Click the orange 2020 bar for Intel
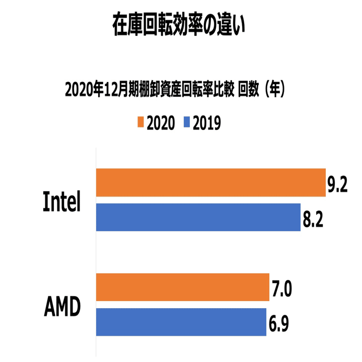(210, 183)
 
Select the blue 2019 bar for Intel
(198, 217)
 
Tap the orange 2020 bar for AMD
(182, 287)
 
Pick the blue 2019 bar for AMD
(181, 322)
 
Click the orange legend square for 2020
(140, 122)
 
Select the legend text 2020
(161, 123)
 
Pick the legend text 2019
(206, 123)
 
